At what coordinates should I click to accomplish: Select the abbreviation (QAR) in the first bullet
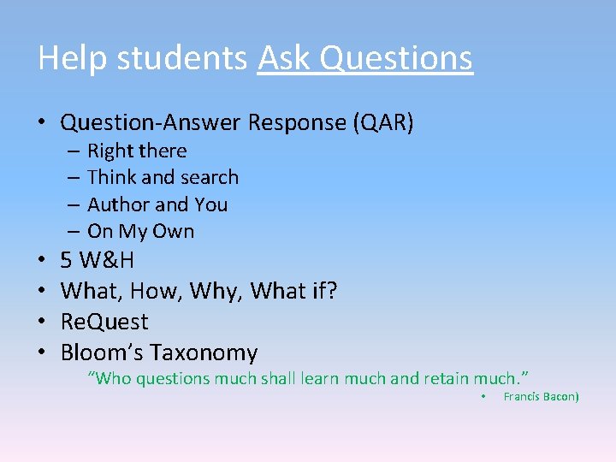click(382, 122)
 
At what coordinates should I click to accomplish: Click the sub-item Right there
click(137, 151)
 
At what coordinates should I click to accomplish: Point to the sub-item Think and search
click(163, 178)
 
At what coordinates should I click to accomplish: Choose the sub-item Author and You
click(157, 204)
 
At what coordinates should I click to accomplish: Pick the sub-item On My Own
click(140, 231)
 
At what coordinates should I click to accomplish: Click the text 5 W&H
click(97, 260)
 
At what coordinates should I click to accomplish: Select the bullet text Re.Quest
click(104, 322)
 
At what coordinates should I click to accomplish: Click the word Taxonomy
click(204, 352)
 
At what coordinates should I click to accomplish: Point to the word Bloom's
click(103, 352)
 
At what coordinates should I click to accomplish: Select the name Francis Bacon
click(541, 396)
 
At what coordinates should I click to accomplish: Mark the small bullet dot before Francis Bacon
click(483, 396)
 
